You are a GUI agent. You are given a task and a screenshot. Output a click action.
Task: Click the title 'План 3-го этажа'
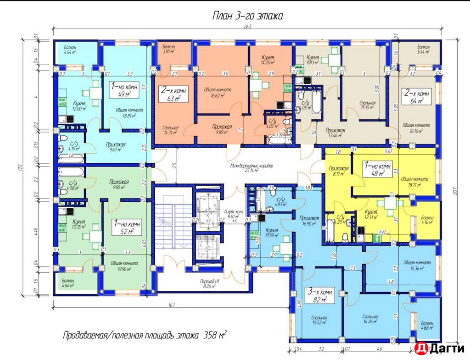tap(247, 16)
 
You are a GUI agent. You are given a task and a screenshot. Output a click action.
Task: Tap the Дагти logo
tap(438, 349)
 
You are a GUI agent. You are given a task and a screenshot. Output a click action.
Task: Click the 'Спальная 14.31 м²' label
tap(170, 131)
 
